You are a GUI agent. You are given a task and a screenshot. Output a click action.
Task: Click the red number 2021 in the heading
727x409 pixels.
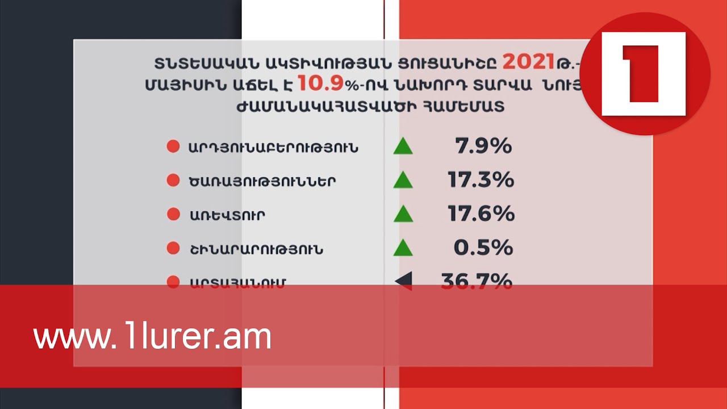coord(528,61)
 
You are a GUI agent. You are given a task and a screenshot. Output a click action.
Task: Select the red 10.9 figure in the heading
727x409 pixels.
coord(320,84)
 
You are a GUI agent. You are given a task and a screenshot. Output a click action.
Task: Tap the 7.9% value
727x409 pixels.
coord(483,147)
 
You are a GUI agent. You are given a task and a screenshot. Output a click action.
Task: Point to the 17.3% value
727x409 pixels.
coord(481,181)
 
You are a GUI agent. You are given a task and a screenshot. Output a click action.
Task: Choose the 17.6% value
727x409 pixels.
coord(481,214)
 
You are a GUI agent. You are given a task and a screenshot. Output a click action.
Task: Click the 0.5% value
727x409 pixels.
coord(483,248)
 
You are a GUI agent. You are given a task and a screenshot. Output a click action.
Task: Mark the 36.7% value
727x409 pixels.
coord(477,281)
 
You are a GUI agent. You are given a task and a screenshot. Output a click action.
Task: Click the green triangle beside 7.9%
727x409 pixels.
coord(403,147)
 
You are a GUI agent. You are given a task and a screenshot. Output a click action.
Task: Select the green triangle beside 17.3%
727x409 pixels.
coord(403,181)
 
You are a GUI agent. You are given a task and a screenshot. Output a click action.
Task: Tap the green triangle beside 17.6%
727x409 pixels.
coord(403,214)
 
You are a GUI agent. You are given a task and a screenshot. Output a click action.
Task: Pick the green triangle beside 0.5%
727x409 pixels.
coord(403,248)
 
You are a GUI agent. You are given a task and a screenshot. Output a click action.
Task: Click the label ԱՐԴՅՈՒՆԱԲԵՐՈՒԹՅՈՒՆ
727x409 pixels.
coord(273,148)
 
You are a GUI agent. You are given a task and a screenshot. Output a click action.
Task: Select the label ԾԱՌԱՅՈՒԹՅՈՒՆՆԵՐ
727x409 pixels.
coord(262,182)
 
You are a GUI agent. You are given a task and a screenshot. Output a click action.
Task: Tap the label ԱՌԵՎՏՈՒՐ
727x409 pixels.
coord(227,215)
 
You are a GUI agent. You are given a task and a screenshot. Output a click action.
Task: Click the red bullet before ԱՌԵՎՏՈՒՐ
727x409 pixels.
coord(173,215)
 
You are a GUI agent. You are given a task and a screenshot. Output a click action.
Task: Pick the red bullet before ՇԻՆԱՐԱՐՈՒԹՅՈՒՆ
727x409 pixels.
coord(173,248)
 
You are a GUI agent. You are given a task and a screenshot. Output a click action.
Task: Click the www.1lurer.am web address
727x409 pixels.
coord(152,337)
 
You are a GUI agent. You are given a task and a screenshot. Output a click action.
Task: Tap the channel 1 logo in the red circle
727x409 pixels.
coord(644,74)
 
